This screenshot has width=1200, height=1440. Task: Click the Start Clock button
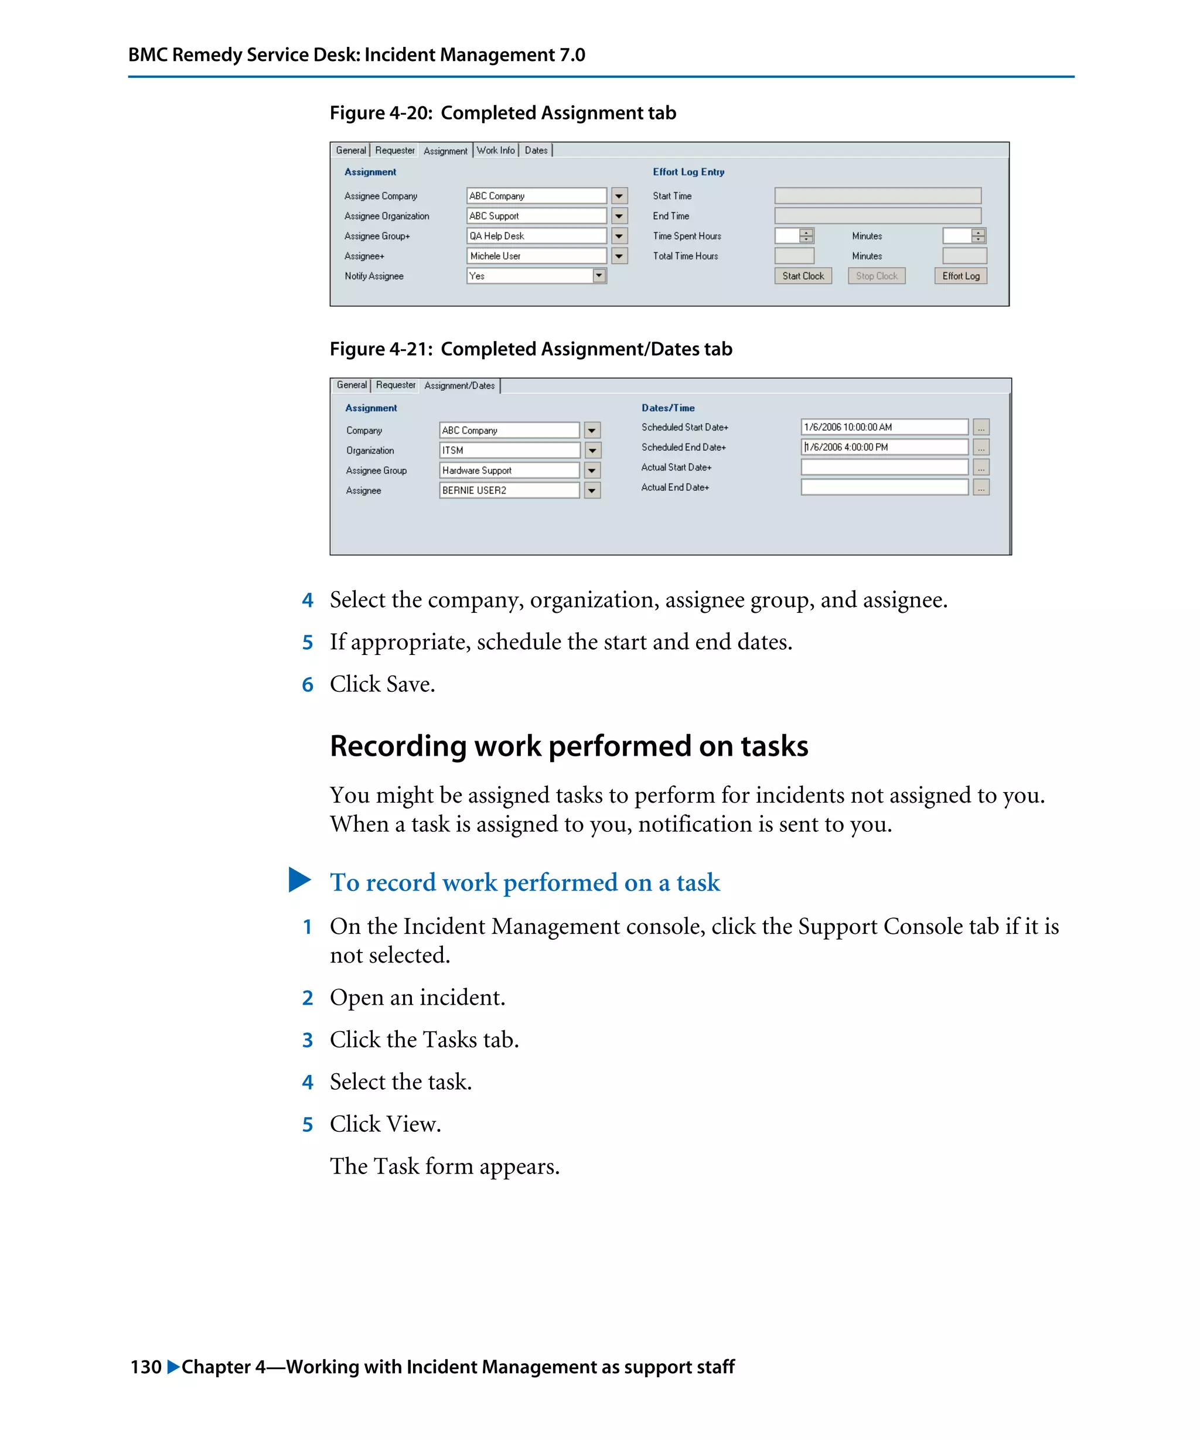[x=802, y=276]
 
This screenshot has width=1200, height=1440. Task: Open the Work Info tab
[x=495, y=150]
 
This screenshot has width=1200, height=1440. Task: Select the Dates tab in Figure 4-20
[x=536, y=150]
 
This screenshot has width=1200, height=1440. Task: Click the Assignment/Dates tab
[x=459, y=385]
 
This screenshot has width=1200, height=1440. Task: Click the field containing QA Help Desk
[x=536, y=236]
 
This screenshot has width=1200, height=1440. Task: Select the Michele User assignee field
[x=536, y=256]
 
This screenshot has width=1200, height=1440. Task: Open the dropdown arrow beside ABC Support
[x=619, y=216]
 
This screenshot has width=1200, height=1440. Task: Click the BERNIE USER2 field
[x=509, y=490]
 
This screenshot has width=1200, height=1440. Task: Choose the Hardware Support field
[x=509, y=470]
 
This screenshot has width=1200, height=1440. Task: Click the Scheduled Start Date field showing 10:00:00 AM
[x=883, y=427]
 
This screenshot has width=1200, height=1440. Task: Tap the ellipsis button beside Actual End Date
[x=981, y=487]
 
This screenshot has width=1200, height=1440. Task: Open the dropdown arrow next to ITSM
[x=592, y=451]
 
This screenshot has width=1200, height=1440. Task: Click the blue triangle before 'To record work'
[x=299, y=880]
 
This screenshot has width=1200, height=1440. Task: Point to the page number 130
[x=145, y=1367]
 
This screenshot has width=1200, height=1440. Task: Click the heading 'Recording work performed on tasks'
[x=568, y=746]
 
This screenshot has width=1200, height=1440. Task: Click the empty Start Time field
[x=877, y=196]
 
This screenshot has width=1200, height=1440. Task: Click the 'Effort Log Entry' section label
[x=688, y=172]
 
